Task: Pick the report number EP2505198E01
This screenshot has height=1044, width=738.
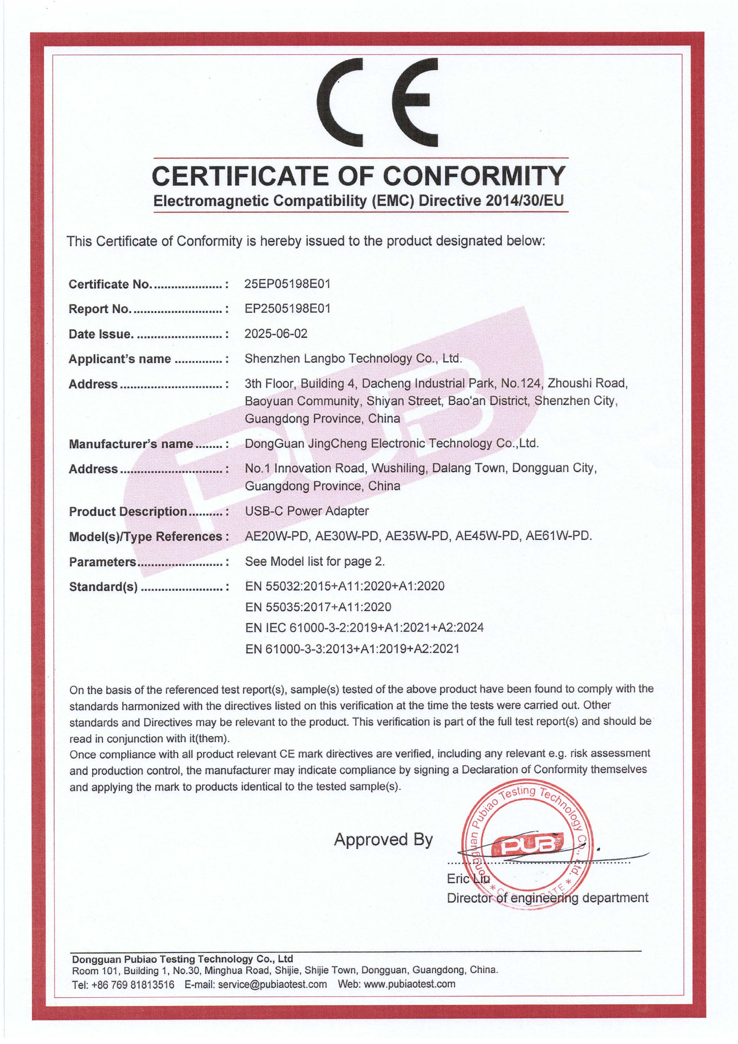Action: pyautogui.click(x=287, y=308)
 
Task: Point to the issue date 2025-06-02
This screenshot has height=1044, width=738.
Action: pyautogui.click(x=276, y=333)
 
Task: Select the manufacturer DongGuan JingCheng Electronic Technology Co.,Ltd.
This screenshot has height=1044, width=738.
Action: pyautogui.click(x=391, y=443)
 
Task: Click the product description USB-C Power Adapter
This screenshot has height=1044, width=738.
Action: pyautogui.click(x=306, y=511)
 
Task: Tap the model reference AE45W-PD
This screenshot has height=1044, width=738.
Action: pyautogui.click(x=487, y=536)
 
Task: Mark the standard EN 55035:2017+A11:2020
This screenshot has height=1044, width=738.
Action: pyautogui.click(x=318, y=607)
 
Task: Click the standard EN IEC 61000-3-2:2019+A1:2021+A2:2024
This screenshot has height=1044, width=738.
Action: pyautogui.click(x=364, y=627)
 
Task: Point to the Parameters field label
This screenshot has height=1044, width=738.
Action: pyautogui.click(x=102, y=562)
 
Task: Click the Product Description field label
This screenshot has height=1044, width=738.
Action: pyautogui.click(x=128, y=511)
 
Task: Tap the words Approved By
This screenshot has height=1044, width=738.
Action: pyautogui.click(x=383, y=839)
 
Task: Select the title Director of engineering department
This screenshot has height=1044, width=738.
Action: pyautogui.click(x=547, y=897)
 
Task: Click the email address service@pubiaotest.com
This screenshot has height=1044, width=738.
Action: pyautogui.click(x=272, y=985)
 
